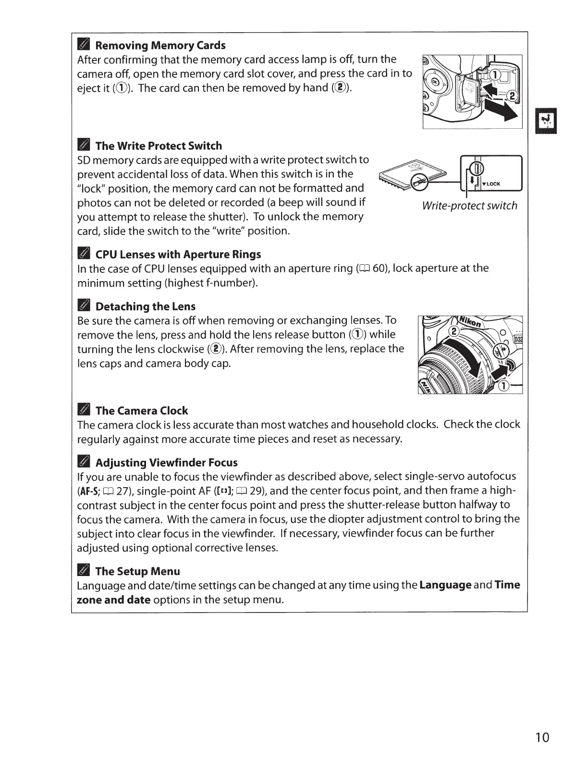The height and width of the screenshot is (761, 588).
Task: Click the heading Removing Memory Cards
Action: point(160,46)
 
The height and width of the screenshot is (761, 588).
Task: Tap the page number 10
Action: point(542,737)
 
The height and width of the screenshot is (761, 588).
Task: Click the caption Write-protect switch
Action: point(469,206)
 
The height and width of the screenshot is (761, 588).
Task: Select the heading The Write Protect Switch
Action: point(159,146)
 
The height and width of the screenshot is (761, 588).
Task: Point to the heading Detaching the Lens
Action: point(145,307)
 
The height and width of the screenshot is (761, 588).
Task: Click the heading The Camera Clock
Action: point(142,411)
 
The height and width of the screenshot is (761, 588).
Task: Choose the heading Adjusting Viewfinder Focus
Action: point(166,463)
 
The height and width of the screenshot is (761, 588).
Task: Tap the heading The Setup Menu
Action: point(137,571)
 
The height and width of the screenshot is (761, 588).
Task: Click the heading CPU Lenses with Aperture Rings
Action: point(178,254)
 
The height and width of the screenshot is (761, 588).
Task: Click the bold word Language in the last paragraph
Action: point(445,585)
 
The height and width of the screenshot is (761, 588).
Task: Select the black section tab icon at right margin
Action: point(545,121)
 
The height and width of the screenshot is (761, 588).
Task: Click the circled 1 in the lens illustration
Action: point(504,386)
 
